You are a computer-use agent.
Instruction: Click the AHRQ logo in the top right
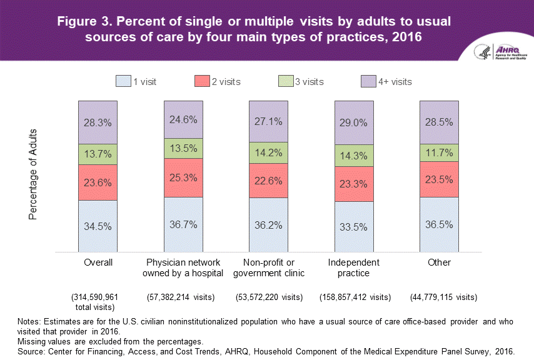[x=501, y=52]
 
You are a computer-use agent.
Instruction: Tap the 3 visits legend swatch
[x=285, y=81]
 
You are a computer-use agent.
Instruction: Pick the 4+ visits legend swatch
[x=367, y=81]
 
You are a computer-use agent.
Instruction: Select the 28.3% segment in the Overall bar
[x=98, y=122]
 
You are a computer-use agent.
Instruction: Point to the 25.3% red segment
[x=183, y=177]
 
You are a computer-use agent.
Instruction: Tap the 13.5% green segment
[x=183, y=148]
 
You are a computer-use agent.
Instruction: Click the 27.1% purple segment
[x=269, y=121]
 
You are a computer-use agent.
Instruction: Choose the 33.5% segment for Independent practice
[x=354, y=226]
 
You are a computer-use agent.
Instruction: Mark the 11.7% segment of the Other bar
[x=439, y=152]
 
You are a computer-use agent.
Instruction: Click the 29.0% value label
[x=354, y=123]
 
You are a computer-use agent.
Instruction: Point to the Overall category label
[x=98, y=262]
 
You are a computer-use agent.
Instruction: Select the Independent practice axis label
[x=353, y=267]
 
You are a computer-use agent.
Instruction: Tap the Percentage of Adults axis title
[x=34, y=174]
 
